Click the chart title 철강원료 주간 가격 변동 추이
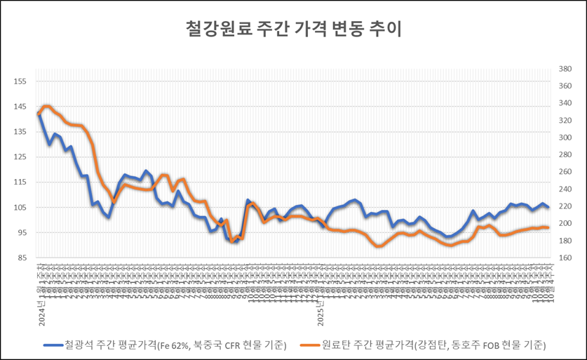293,29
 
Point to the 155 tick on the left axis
20,82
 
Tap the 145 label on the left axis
20,107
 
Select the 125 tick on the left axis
20,157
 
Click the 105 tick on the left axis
20,208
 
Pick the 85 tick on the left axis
20,258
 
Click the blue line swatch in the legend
52,345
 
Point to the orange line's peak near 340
46,106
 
